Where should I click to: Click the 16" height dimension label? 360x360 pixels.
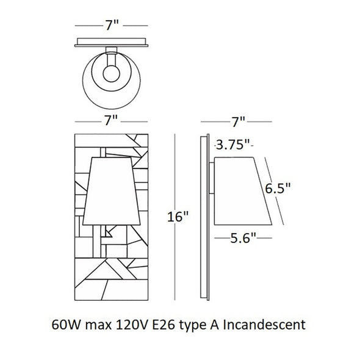coord(178,217)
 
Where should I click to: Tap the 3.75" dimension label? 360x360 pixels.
coord(233,145)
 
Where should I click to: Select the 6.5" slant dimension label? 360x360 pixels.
coord(278,189)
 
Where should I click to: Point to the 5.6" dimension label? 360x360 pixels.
coord(243,238)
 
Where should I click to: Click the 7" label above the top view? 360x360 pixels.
coord(112,25)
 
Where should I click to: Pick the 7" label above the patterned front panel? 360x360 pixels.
coord(111,121)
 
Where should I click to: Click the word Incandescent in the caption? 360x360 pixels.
coord(264,325)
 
